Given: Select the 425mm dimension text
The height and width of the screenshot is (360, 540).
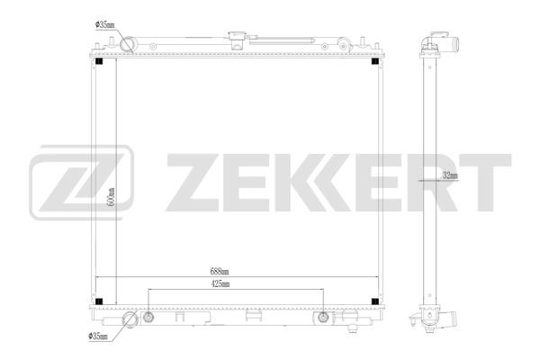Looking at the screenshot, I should point(220,284).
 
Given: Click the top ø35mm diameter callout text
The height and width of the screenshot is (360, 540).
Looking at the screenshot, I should point(104,26).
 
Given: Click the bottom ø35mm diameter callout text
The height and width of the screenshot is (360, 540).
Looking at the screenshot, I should point(98,337).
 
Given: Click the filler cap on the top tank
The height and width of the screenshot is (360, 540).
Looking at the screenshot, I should point(236,40).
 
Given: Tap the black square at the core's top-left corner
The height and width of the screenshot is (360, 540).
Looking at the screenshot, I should point(99,63).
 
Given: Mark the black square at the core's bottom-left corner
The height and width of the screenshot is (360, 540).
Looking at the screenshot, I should point(99,301).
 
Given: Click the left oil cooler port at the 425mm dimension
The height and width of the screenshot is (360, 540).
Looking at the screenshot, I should point(148,317).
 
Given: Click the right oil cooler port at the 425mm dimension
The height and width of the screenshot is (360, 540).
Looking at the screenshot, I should point(321,317).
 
